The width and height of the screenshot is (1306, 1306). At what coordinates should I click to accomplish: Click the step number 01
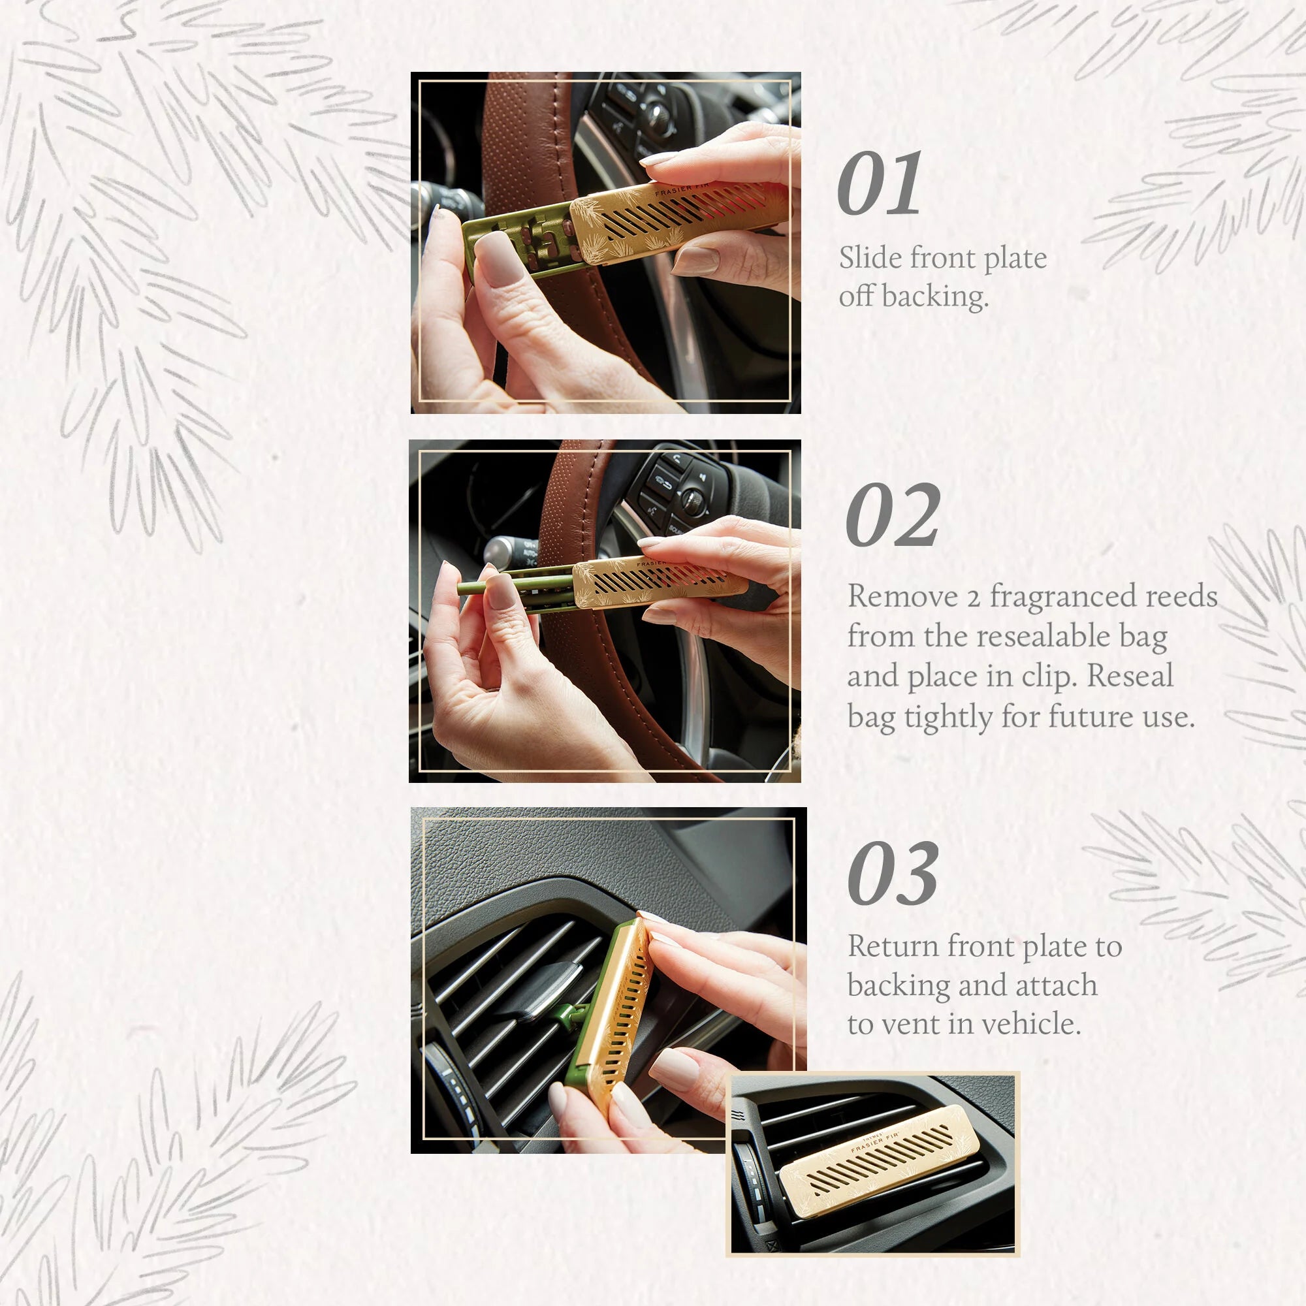[879, 184]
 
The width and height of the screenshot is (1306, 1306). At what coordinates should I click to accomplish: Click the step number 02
[892, 516]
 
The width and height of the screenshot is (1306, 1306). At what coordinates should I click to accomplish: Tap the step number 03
[892, 874]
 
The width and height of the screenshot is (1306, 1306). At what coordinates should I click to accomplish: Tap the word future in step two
[1092, 716]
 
